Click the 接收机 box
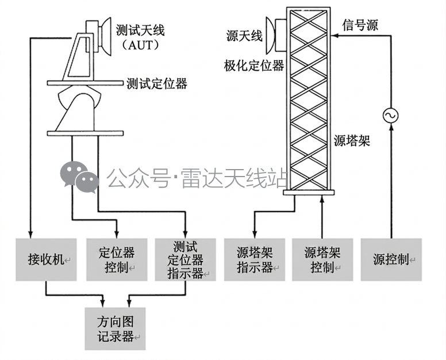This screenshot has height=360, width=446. (46, 259)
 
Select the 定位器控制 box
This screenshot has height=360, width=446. (117, 259)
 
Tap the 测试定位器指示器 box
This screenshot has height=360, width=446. (186, 259)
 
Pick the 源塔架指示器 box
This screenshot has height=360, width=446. (255, 259)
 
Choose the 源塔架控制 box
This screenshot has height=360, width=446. (322, 259)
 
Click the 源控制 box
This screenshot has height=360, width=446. (391, 259)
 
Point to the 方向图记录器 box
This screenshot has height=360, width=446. (115, 329)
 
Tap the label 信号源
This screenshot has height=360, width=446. (360, 25)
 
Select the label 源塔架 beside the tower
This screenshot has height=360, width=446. (352, 140)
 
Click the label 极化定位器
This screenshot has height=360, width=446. (254, 66)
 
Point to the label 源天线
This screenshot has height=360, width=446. (244, 36)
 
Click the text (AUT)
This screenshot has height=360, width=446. (140, 45)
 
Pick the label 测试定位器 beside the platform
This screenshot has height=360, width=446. (157, 83)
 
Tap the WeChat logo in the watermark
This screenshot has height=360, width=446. (79, 177)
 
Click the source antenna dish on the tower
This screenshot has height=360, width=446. (270, 35)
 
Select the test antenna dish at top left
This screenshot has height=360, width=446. (105, 36)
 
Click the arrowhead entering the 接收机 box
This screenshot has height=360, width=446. (30, 234)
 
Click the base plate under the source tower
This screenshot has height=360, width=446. (309, 193)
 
